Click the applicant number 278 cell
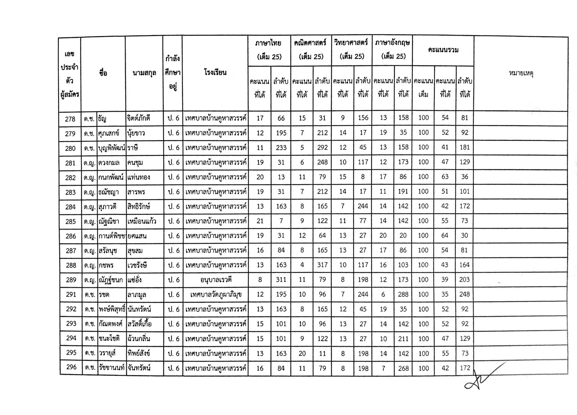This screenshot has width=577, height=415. coord(70,119)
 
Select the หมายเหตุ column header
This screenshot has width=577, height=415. coord(521,73)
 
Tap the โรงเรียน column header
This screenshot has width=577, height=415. coord(215,73)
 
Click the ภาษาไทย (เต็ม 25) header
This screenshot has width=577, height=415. coord(269,50)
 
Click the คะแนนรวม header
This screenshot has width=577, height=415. coord(443,50)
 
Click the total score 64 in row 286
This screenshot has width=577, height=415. coord(445,236)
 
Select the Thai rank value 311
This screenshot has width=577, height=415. coord(281,280)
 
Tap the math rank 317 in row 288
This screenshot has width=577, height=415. coord(322,265)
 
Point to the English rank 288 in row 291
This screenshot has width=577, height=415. coord(403,295)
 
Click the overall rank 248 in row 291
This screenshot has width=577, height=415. coord(464,295)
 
